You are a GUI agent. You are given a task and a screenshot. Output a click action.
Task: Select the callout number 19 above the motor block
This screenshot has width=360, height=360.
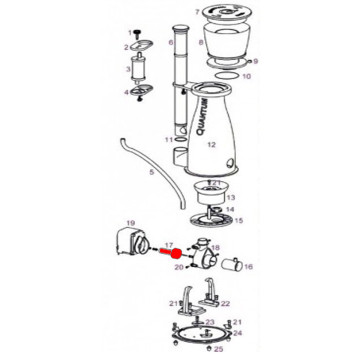click(130, 223)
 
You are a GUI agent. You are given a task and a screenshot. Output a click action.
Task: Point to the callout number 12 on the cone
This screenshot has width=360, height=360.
click(211, 145)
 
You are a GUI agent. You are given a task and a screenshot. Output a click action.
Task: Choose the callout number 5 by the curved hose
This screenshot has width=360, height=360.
click(172, 43)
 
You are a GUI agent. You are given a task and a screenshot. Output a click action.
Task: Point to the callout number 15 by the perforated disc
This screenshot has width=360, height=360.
click(239, 220)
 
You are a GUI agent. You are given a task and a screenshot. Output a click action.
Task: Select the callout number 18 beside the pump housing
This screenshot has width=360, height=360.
click(215, 246)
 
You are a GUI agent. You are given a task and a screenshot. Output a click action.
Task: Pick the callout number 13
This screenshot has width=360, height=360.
click(230, 198)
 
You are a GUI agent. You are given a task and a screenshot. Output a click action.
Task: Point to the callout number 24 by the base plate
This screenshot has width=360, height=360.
click(241, 331)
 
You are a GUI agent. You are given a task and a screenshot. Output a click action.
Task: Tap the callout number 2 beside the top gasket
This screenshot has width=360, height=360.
click(127, 47)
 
